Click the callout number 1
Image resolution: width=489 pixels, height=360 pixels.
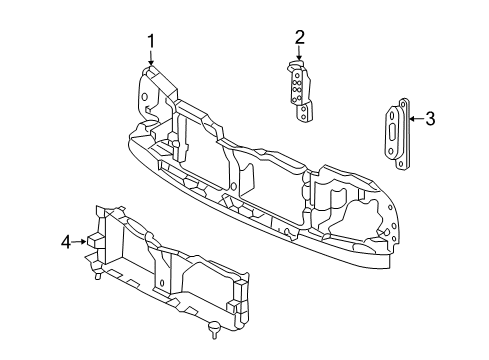(151, 42)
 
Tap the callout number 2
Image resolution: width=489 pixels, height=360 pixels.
(299, 37)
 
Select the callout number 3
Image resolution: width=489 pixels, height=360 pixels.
(430, 119)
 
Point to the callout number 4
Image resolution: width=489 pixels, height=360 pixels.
(66, 242)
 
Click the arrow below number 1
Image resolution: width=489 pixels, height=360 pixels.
(151, 58)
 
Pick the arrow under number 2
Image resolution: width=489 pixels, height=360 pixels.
(299, 53)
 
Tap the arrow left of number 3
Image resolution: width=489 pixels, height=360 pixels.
(417, 119)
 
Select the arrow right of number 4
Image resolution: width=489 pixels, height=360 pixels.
(79, 242)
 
